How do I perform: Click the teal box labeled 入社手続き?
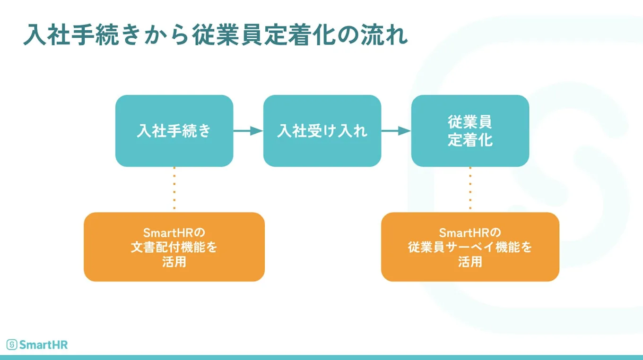[174, 131]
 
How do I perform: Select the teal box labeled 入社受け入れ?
[322, 131]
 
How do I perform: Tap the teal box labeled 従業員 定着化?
[470, 131]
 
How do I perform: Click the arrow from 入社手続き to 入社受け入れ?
[248, 131]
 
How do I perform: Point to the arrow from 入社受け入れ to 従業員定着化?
[396, 131]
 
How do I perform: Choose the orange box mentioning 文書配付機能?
[174, 247]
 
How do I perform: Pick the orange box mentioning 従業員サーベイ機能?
[470, 247]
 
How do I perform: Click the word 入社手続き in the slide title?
[79, 36]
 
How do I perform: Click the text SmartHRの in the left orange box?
[174, 233]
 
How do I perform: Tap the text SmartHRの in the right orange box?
[469, 233]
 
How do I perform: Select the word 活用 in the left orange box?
[174, 262]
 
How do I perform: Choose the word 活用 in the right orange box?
[470, 262]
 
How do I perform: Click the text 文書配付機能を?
[174, 247]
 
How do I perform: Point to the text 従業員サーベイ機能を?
[470, 247]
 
